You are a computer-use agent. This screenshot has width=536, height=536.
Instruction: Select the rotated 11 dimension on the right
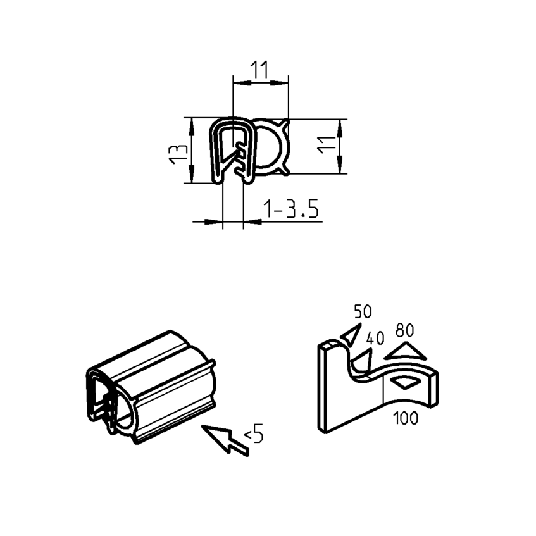pyautogui.click(x=325, y=147)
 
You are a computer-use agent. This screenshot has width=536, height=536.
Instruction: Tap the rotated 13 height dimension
pyautogui.click(x=178, y=152)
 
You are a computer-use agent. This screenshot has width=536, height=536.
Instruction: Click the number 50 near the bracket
pyautogui.click(x=363, y=311)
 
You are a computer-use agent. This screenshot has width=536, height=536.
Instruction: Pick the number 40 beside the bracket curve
pyautogui.click(x=375, y=339)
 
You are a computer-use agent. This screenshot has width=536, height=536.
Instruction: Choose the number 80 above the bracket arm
pyautogui.click(x=404, y=330)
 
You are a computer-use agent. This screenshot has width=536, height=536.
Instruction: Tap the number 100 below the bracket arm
pyautogui.click(x=405, y=418)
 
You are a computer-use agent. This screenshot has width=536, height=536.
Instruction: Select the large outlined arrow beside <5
pyautogui.click(x=225, y=439)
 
